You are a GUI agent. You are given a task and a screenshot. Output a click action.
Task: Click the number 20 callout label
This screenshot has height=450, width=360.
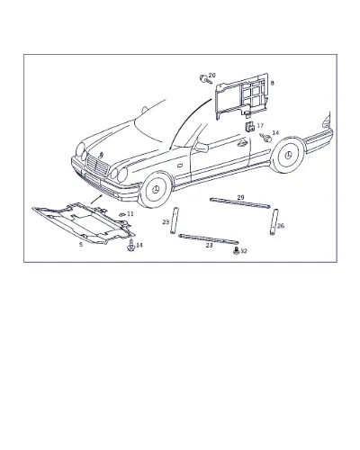click(x=211, y=75)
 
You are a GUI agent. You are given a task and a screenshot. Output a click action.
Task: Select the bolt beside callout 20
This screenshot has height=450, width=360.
click(x=205, y=79)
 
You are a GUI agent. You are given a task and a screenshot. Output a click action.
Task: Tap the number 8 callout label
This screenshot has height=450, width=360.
click(x=272, y=83)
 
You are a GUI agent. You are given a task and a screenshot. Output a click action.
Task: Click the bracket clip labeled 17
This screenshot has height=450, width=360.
click(x=249, y=127)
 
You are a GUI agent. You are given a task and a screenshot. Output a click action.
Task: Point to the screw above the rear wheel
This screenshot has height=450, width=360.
click(x=265, y=138)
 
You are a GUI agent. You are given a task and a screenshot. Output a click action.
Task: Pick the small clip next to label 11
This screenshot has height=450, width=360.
click(x=121, y=214)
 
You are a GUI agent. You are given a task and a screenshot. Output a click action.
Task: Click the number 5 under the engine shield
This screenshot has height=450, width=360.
click(x=81, y=245)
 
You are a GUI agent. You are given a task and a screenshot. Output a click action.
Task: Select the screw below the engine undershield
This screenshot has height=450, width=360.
click(x=130, y=246)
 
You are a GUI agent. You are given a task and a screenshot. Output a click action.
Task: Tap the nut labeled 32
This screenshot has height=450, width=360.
click(x=236, y=251)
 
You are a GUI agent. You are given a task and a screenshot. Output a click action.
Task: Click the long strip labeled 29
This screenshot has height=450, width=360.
click(x=240, y=203)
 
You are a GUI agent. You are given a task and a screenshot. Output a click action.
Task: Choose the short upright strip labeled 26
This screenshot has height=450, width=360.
click(x=274, y=222)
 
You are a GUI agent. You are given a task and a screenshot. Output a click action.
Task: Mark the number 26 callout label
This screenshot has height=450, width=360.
click(x=281, y=226)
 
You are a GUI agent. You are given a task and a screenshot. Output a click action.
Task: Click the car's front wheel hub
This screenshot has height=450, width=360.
click(x=156, y=191)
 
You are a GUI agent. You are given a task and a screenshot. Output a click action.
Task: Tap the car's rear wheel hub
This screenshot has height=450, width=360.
click(x=288, y=155)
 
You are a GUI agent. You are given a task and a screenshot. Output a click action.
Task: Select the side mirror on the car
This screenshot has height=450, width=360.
click(x=202, y=148)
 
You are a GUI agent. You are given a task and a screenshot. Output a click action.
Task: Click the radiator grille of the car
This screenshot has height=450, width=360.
click(x=96, y=166)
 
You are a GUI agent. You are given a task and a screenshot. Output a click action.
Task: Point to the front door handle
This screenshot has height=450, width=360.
click(x=241, y=143)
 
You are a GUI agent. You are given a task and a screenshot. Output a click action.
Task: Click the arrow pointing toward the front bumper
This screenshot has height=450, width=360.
click(x=96, y=199)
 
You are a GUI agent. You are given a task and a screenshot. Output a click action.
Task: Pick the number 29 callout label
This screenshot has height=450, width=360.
click(x=240, y=197)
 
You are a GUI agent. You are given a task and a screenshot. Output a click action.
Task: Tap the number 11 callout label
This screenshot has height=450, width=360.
click(x=130, y=214)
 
